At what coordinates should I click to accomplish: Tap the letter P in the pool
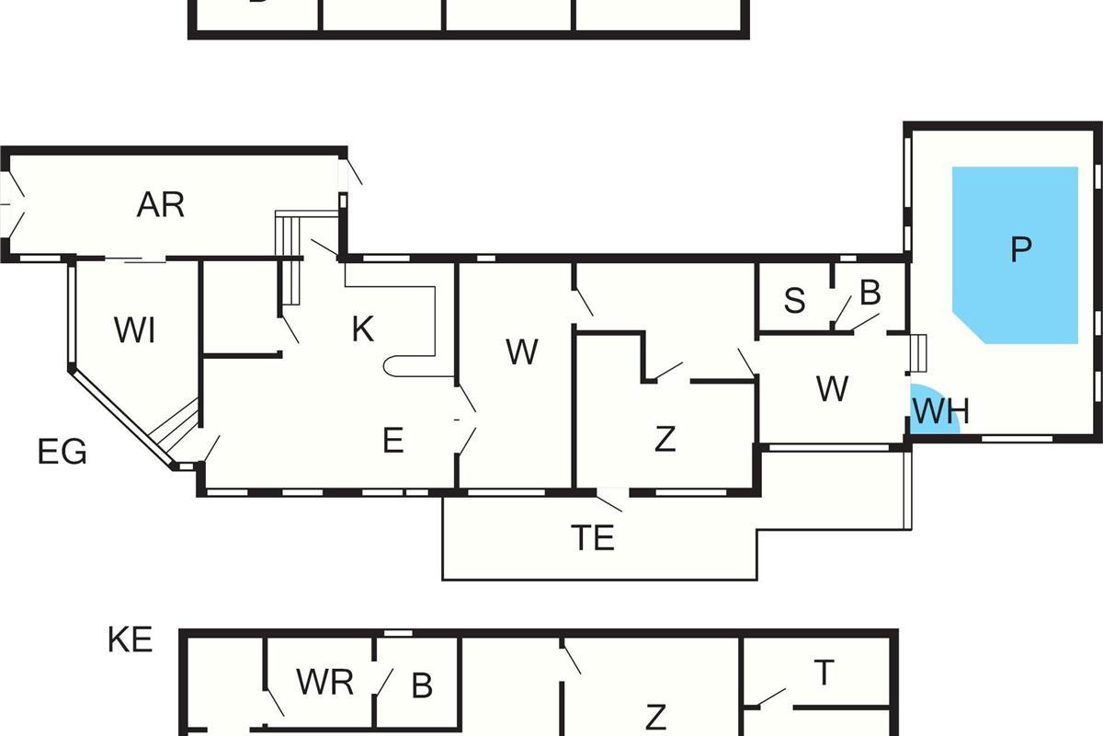pos(1020,249)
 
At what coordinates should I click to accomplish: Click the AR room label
pos(161,205)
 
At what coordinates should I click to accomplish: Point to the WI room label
pos(134,329)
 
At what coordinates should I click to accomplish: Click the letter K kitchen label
pos(363,329)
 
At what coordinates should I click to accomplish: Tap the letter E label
pos(392,442)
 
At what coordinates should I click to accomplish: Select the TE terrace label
pos(593,538)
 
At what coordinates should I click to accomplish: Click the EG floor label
pos(63,453)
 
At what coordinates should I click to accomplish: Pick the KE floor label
pos(130,639)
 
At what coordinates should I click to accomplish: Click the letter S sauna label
pos(795,301)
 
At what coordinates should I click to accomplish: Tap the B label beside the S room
pos(870,293)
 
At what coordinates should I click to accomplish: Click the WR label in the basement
pos(325,683)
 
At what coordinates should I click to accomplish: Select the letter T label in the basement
pos(824,673)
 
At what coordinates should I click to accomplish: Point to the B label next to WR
pos(421,685)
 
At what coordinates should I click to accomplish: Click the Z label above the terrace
pos(665,440)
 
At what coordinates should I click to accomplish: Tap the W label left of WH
pos(832,389)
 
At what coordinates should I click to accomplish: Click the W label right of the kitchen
pos(521,352)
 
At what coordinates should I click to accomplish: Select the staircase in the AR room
pos(291,258)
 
